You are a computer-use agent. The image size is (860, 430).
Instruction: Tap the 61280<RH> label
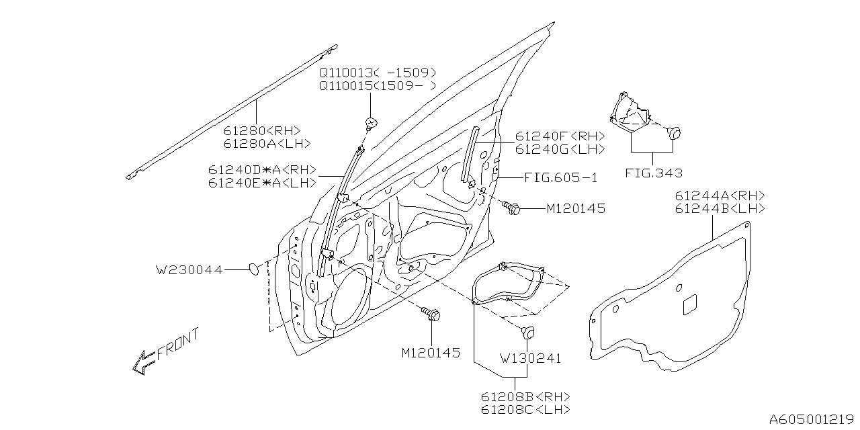coord(262,131)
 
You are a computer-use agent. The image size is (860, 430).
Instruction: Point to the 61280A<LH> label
coord(267,144)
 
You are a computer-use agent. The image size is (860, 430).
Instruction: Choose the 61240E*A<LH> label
coord(262,183)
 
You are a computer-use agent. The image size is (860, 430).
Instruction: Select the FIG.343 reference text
coord(654,173)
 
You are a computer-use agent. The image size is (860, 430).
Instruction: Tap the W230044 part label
coord(189,270)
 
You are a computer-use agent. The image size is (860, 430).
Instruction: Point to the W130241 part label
coord(529,359)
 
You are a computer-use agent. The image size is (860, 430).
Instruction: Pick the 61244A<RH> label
coord(718,196)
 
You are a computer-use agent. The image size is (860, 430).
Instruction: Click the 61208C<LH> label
coord(525,409)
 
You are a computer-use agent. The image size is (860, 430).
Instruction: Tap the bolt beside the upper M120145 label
coord(513,209)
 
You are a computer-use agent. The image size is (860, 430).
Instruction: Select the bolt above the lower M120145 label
coord(430,314)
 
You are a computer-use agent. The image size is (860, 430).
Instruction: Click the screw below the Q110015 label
coord(370,122)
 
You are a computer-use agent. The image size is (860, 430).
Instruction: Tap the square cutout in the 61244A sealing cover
coord(690,304)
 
